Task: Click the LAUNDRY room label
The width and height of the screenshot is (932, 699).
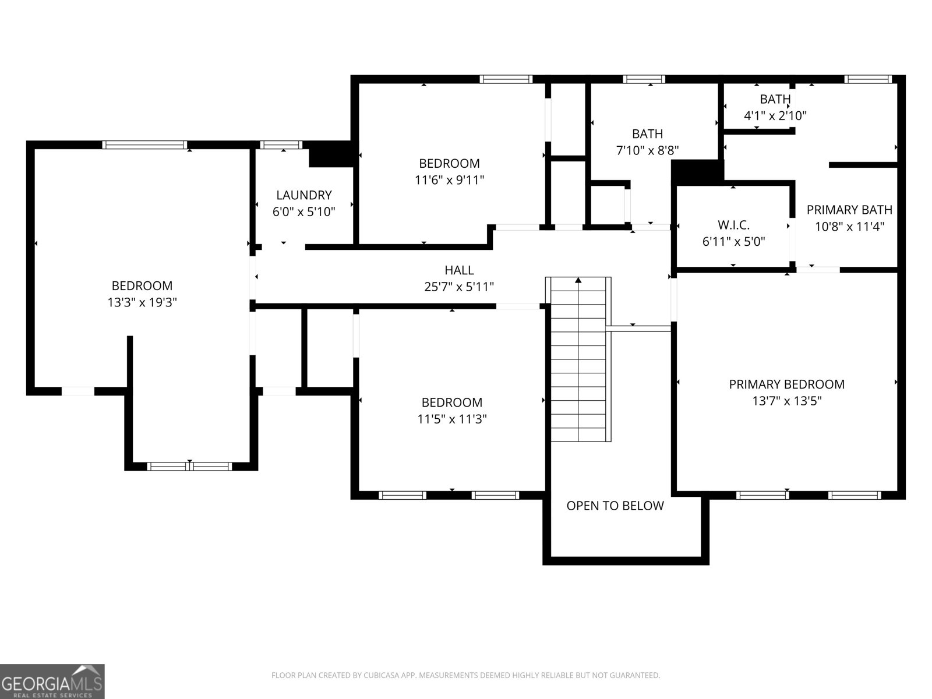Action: pos(303,195)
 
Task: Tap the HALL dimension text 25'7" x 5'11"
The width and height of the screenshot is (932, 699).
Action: pos(459,287)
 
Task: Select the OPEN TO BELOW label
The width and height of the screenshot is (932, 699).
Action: pos(615,506)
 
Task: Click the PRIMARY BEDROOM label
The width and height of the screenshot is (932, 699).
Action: pos(786,384)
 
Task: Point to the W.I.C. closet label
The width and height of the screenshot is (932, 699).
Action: pos(733,224)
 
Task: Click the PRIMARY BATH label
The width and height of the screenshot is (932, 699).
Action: pos(849,210)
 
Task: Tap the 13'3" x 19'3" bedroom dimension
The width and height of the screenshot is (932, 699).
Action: pos(142,302)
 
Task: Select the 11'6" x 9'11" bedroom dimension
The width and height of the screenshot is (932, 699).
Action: pos(449,180)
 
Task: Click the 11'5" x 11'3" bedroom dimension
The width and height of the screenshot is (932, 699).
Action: pos(451,419)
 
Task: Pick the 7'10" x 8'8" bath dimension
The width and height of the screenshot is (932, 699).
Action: pos(647,150)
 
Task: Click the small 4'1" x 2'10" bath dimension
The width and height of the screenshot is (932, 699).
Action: pos(775,115)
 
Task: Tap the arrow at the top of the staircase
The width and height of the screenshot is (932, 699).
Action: pos(578,281)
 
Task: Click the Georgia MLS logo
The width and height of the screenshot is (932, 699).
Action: pos(52,681)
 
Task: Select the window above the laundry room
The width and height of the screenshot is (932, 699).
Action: pos(281,145)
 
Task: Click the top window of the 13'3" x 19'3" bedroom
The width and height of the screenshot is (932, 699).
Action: pos(144,145)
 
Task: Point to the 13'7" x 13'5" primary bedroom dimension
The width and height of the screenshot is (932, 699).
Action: pos(786,401)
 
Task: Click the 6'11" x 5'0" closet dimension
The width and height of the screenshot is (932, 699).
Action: pos(733,241)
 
